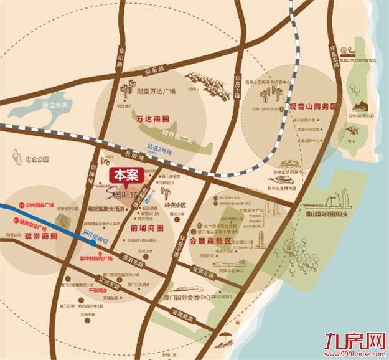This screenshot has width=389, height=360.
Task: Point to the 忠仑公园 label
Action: coord(37,159)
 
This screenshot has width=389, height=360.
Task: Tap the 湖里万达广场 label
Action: coord(156,91)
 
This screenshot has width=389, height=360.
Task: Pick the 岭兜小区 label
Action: coord(171,204)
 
